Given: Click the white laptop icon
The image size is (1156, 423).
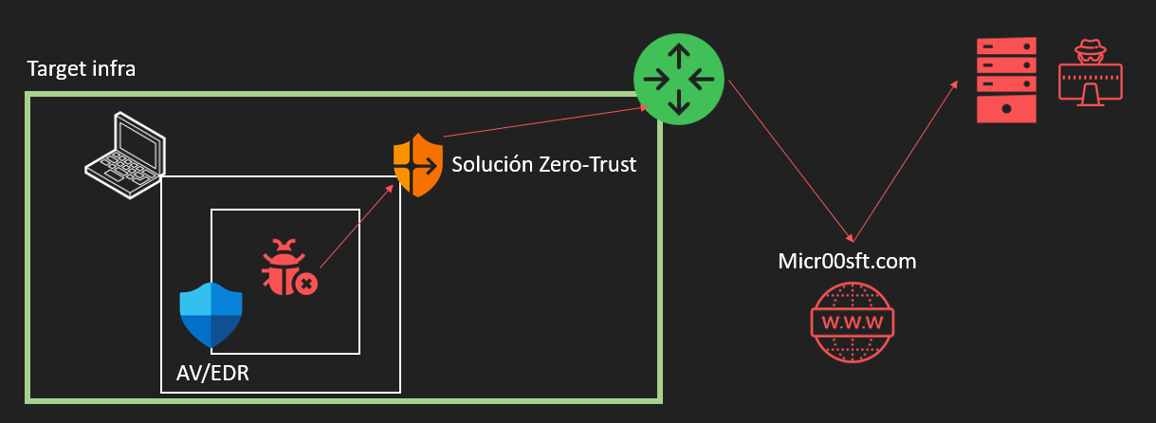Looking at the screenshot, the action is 125,155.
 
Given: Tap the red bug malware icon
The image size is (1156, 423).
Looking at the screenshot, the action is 289,267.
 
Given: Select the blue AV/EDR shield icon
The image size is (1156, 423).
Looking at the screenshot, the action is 211,315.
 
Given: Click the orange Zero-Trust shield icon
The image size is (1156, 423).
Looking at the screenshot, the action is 418,165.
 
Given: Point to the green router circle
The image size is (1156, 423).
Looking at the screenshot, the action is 679,79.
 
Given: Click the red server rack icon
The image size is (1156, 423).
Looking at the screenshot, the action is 1006,80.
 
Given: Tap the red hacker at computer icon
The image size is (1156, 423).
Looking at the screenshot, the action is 1091,73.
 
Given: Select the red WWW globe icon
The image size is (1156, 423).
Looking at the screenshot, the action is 853,322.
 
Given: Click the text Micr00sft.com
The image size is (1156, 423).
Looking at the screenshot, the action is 847,261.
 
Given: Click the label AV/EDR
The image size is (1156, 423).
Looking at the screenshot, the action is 212,373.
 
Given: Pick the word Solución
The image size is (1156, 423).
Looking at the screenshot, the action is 492,164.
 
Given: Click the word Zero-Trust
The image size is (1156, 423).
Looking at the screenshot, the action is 587,164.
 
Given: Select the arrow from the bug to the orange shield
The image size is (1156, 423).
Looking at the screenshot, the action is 357,226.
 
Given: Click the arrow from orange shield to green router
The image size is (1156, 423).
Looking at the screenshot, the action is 545,121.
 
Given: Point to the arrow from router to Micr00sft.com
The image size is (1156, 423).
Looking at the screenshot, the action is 791,161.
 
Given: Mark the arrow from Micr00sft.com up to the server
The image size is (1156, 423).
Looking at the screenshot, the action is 906,161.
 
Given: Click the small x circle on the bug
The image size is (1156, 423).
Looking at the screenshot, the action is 306,284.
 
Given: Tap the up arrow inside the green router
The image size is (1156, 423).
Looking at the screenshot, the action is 679,56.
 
